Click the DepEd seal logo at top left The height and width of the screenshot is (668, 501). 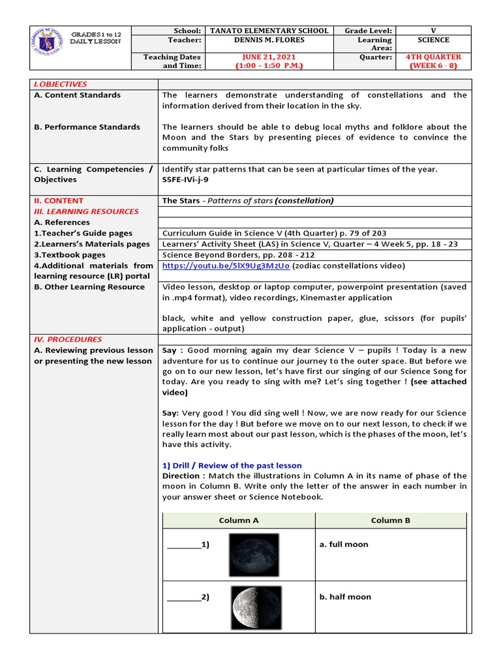click(x=49, y=40)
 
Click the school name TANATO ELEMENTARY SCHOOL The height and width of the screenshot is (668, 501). click(x=268, y=31)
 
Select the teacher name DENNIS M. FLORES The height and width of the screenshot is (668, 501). click(x=268, y=40)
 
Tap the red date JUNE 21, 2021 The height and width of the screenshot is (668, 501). click(x=268, y=57)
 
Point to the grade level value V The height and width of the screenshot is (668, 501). click(x=434, y=31)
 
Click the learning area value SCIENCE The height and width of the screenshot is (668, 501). click(x=434, y=40)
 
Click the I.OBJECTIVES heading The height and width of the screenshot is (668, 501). click(x=61, y=84)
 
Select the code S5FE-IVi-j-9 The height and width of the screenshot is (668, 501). click(x=186, y=179)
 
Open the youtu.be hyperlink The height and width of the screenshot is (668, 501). click(x=226, y=266)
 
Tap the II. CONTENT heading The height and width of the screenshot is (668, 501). click(x=59, y=201)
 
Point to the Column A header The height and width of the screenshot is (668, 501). click(x=239, y=520)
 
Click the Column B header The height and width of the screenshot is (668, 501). click(x=391, y=520)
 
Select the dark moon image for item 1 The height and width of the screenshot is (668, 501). click(x=254, y=554)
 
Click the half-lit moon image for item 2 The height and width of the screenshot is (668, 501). click(x=256, y=607)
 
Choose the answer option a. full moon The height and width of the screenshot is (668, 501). click(x=344, y=544)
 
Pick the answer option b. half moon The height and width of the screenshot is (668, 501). click(x=345, y=597)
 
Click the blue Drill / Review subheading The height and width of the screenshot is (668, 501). click(x=232, y=465)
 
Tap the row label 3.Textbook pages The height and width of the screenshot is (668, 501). click(x=70, y=255)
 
